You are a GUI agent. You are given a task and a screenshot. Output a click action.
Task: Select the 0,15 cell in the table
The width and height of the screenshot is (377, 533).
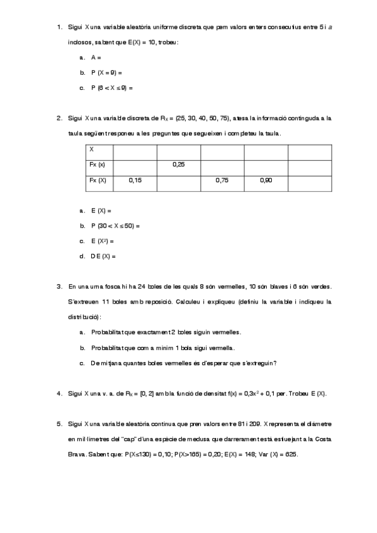[x=135, y=180]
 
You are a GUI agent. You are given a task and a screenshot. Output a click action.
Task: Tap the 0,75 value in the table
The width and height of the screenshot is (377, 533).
[x=222, y=180]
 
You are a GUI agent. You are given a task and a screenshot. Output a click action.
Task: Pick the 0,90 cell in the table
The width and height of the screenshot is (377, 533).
[x=266, y=180]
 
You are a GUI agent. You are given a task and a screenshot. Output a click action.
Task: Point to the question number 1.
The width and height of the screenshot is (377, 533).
[x=59, y=27]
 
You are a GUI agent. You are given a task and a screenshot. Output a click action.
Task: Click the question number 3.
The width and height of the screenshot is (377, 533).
[x=59, y=287]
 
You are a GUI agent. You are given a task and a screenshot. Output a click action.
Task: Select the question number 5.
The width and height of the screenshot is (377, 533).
[x=59, y=424]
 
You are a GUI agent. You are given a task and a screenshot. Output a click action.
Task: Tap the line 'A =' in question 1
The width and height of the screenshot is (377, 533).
[x=96, y=57]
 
